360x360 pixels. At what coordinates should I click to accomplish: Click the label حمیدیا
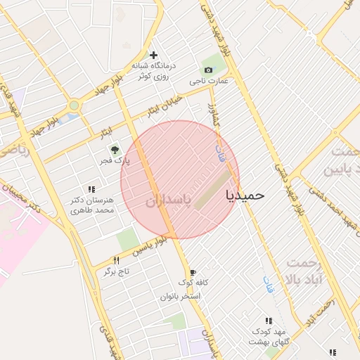point(245,195)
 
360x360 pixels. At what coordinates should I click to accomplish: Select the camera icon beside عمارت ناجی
point(208,70)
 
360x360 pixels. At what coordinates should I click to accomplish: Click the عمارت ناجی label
point(209,82)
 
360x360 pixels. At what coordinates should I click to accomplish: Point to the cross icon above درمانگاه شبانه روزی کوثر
point(153,54)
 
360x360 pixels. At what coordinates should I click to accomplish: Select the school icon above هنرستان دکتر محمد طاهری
point(91,188)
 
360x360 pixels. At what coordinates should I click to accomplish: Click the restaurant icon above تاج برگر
point(107,260)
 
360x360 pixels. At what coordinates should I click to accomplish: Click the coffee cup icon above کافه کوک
point(193,272)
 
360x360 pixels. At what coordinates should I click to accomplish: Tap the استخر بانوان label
point(181,296)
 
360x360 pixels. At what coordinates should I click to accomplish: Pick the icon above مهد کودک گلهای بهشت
point(269,321)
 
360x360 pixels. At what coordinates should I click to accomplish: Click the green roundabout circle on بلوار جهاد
point(74,105)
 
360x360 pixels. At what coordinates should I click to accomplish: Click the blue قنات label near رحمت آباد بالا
point(269,283)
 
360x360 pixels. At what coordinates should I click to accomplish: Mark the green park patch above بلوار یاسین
point(127,239)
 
